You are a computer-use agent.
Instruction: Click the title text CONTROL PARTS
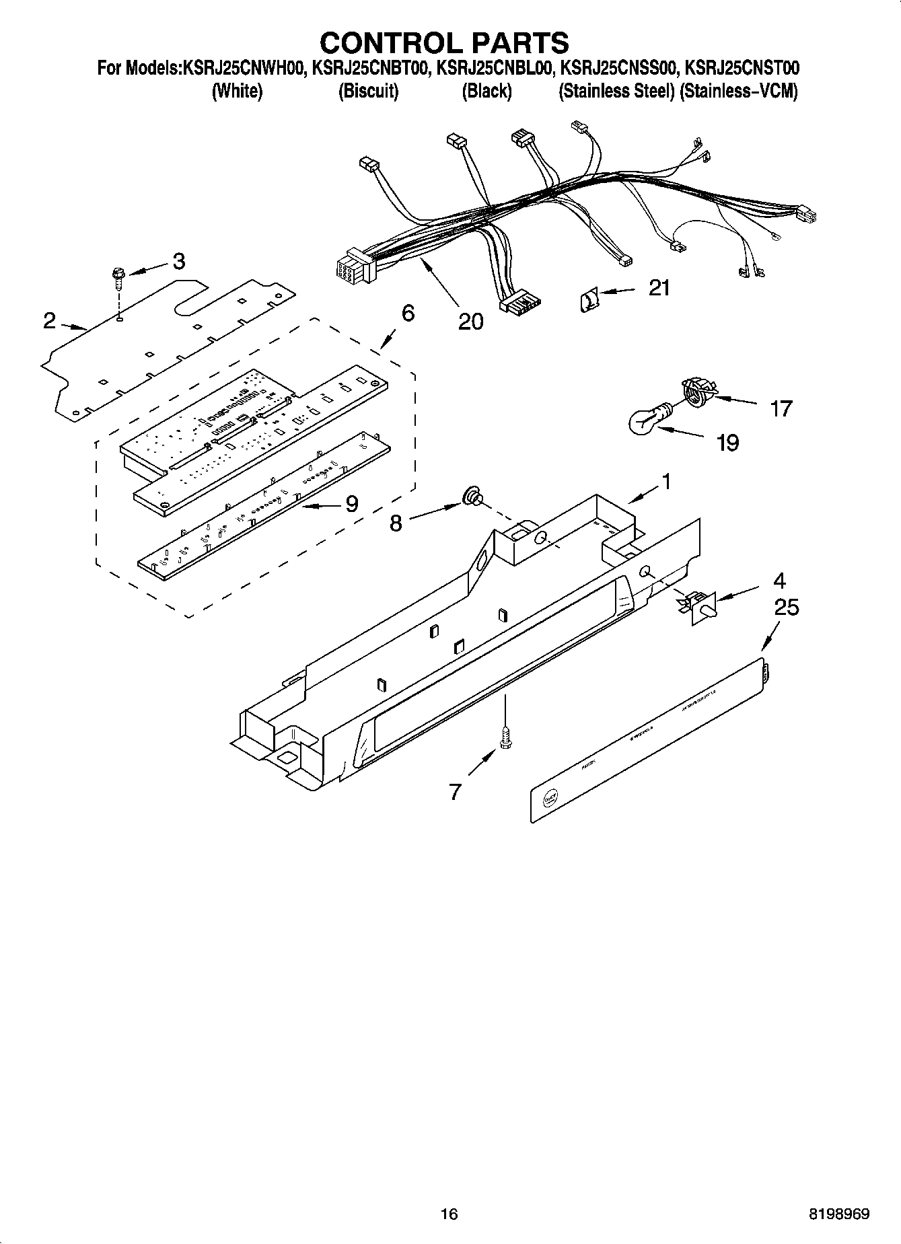click(x=444, y=42)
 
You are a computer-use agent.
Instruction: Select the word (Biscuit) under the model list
click(x=368, y=91)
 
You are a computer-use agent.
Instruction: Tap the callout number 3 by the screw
click(x=178, y=262)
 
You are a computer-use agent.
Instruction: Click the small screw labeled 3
click(x=118, y=277)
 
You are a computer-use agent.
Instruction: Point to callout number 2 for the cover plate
click(x=49, y=321)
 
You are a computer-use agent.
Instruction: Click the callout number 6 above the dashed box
click(x=407, y=313)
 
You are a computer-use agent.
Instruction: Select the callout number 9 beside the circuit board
click(x=351, y=503)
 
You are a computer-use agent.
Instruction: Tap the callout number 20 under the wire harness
click(x=470, y=322)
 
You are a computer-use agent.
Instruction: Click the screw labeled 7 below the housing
click(x=505, y=737)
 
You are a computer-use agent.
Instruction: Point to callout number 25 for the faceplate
click(x=786, y=608)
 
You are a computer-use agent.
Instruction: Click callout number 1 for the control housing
click(x=665, y=482)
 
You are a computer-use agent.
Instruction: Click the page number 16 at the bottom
click(x=449, y=1214)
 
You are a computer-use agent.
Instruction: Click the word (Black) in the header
click(x=486, y=91)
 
